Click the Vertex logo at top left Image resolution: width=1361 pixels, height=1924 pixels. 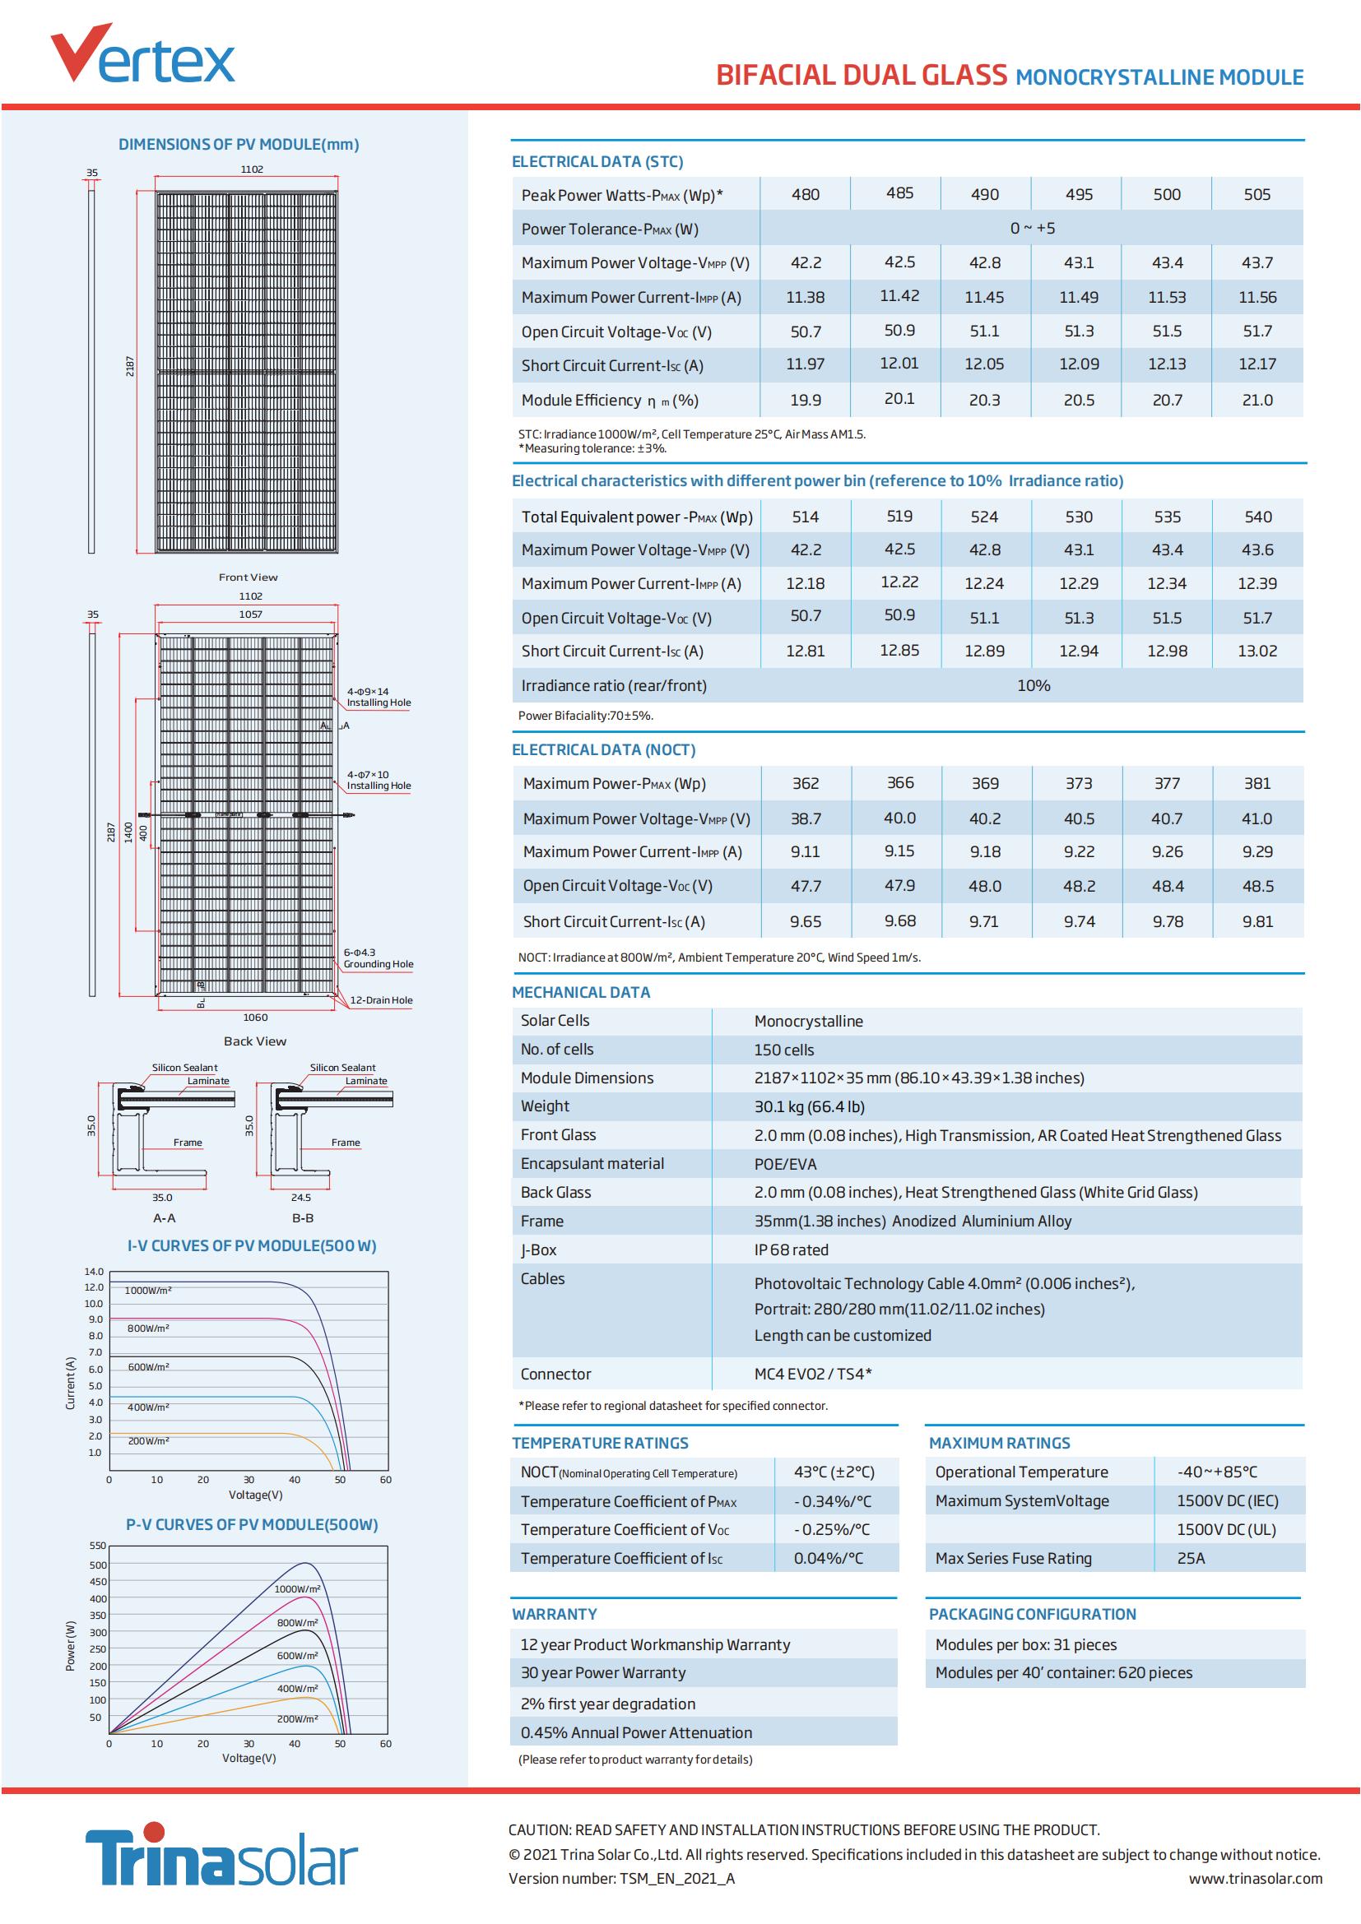click(142, 54)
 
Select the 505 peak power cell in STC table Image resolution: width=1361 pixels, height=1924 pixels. click(1257, 194)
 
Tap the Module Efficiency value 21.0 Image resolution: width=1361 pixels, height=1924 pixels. click(1257, 401)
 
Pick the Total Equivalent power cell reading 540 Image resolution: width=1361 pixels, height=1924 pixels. click(1258, 517)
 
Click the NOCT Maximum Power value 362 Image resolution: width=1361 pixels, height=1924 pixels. click(806, 784)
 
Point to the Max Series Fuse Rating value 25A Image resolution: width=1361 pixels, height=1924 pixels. click(1191, 1559)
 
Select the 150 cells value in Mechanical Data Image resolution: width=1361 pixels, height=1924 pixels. click(783, 1050)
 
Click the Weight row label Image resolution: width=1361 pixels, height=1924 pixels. click(545, 1106)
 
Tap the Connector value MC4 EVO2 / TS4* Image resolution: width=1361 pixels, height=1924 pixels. click(813, 1375)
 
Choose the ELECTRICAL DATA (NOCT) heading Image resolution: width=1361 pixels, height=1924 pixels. click(603, 750)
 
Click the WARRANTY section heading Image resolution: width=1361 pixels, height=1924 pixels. click(554, 1614)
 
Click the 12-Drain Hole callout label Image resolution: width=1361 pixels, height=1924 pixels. click(380, 999)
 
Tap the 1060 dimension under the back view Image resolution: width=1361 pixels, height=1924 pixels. click(255, 1018)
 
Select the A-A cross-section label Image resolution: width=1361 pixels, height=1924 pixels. click(165, 1217)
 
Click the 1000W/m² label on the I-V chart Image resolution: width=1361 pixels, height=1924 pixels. click(148, 1291)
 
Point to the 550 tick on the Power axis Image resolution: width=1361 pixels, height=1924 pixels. click(98, 1546)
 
